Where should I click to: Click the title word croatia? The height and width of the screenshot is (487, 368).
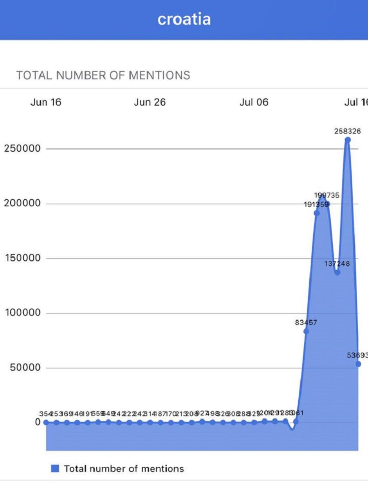184,19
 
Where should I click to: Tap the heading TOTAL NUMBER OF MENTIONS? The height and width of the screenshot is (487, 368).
103,75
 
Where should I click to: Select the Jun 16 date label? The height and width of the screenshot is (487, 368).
46,102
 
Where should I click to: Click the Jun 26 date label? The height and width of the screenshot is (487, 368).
150,102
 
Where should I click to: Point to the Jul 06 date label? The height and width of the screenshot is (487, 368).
254,102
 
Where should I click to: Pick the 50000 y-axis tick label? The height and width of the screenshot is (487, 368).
23,368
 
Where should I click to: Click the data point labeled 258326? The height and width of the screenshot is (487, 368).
348,140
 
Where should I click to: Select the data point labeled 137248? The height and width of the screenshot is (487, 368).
337,272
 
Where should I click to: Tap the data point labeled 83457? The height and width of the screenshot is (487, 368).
306,331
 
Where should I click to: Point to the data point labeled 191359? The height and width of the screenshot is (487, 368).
317,213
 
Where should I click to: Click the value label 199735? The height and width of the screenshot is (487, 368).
327,195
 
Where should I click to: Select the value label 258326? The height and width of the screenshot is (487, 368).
348,131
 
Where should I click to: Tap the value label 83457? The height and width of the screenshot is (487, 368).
306,323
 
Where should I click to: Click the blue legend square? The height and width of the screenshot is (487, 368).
55,468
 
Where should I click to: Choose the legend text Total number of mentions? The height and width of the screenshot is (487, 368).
124,468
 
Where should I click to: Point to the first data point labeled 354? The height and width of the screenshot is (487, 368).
46,422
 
